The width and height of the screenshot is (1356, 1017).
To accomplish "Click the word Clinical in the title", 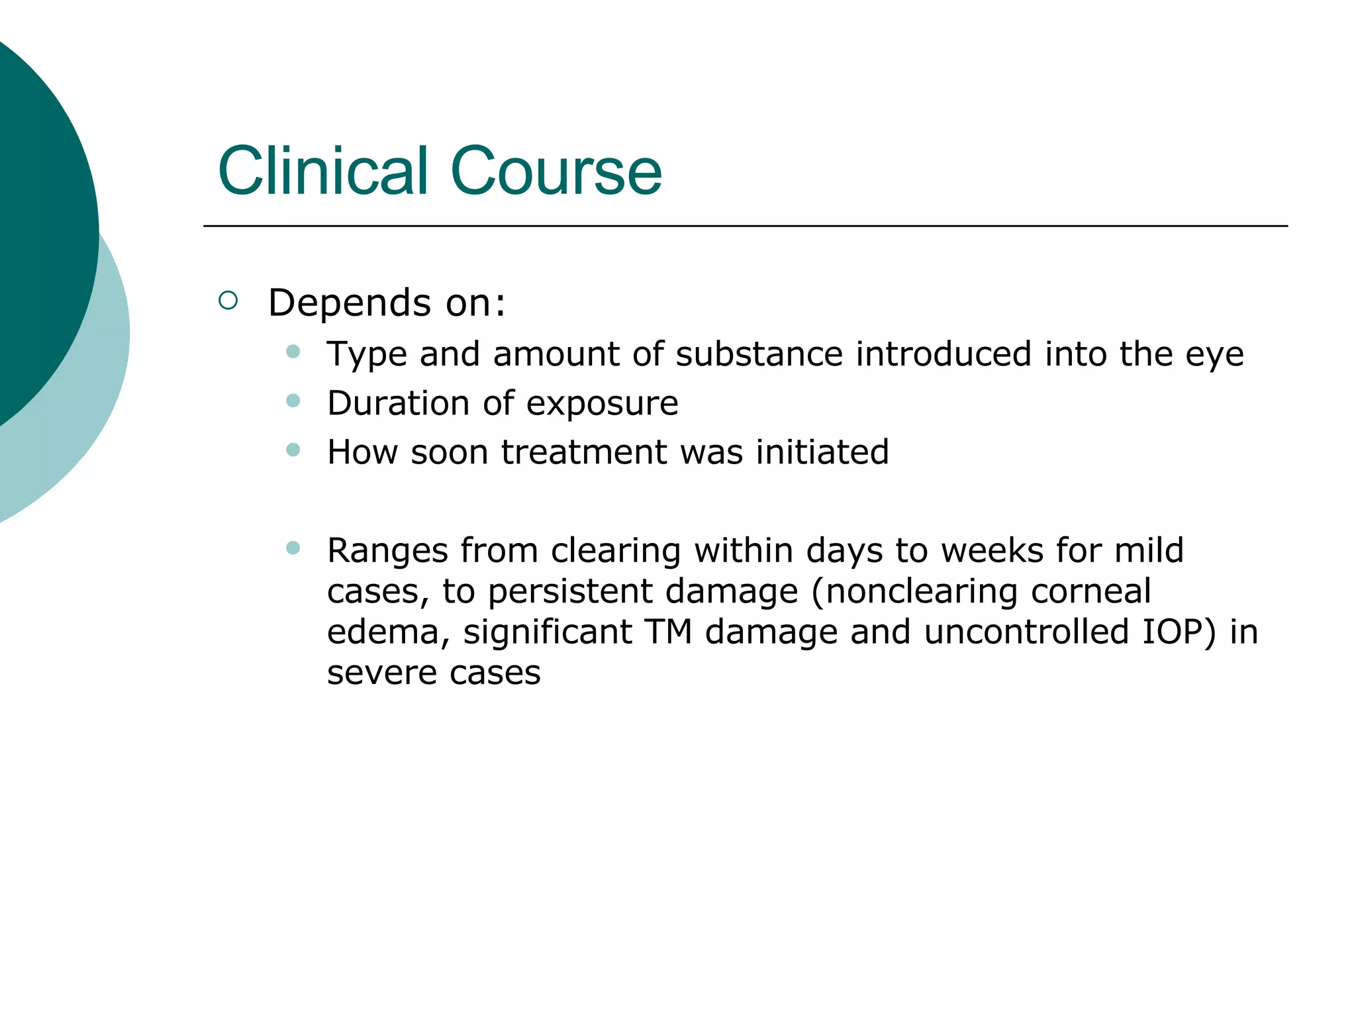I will [x=323, y=171].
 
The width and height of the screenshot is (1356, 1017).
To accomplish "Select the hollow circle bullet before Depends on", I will [x=228, y=301].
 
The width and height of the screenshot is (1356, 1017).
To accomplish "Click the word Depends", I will [x=349, y=303].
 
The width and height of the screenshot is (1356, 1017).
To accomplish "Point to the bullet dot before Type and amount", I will [x=293, y=351].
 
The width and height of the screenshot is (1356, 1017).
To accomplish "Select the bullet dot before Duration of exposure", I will [x=293, y=401].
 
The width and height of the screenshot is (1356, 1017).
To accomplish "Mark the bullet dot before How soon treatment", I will [x=293, y=450].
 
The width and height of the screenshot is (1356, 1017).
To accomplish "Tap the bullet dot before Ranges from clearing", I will [x=293, y=548].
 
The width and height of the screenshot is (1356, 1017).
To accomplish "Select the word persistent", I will [x=570, y=591].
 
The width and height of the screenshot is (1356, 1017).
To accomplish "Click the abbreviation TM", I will [x=668, y=631].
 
